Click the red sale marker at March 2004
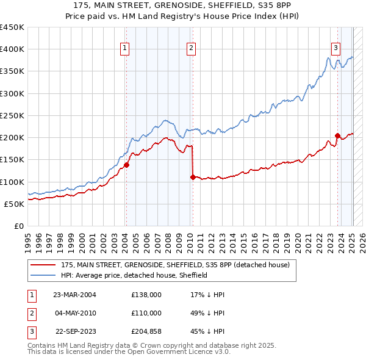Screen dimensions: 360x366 (126, 165)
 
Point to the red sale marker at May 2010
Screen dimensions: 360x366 (193, 177)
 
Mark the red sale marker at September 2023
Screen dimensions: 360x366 (337, 135)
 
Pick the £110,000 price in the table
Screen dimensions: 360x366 (146, 313)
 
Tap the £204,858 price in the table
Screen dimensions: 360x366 (146, 331)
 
